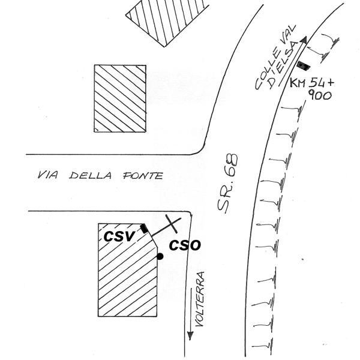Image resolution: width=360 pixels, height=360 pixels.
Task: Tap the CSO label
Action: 184,245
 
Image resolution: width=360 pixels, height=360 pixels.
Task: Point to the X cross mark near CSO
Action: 172,224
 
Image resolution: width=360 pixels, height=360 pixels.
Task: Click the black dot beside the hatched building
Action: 160,256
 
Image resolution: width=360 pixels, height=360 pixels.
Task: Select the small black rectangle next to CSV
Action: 143,227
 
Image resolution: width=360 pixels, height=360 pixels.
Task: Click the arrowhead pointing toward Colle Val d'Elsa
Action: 304,40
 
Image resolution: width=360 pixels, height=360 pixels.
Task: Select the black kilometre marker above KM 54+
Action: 304,62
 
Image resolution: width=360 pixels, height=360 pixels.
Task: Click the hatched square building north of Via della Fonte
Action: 120,98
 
